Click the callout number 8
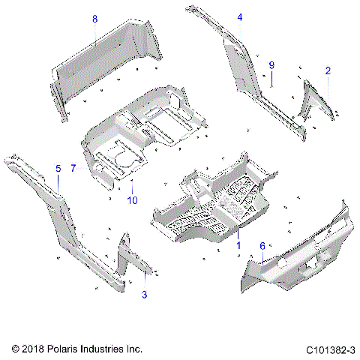pos(94,19)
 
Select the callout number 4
pos(239,17)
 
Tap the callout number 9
pos(272,65)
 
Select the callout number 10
pos(132,201)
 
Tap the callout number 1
pos(238,245)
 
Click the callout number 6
pos(262,246)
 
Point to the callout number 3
pos(144,295)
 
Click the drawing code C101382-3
pos(330,349)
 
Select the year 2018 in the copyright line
pos(34,349)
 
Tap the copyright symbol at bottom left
pos(16,349)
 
